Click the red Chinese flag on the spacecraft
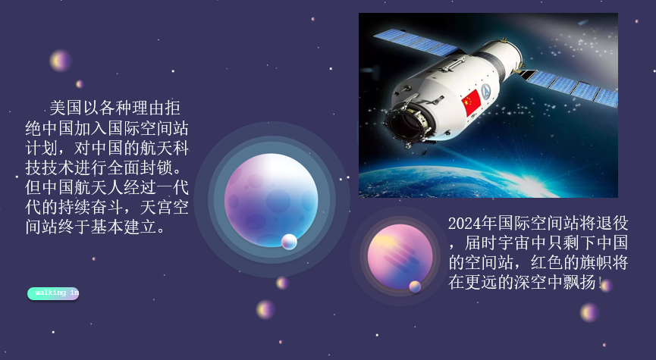[x=471, y=102]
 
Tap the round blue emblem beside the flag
[x=485, y=91]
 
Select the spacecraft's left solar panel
[x=416, y=42]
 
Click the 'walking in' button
[x=53, y=293]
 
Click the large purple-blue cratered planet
[x=271, y=200]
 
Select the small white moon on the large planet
[x=289, y=242]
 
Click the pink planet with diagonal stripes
[x=400, y=257]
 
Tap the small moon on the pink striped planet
[x=415, y=286]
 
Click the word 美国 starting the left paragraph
[x=66, y=108]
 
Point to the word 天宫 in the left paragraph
[x=156, y=208]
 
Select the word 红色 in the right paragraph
[x=548, y=262]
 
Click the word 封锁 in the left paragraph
[x=156, y=167]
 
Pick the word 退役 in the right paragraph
[x=612, y=224]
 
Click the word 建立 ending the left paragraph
[x=140, y=227]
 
